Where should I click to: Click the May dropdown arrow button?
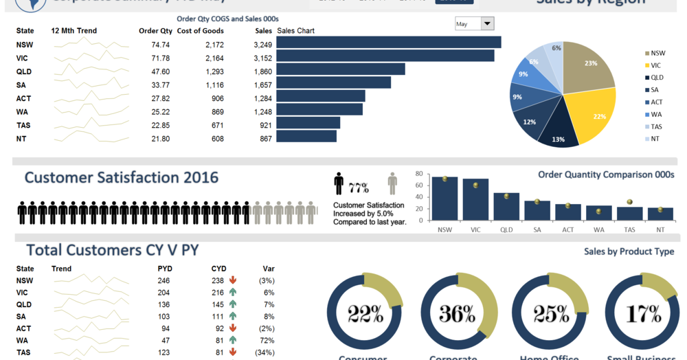pyautogui.click(x=487, y=24)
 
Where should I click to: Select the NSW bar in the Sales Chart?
pyautogui.click(x=388, y=43)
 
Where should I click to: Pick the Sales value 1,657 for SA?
pyautogui.click(x=262, y=85)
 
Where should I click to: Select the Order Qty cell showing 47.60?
pyautogui.click(x=160, y=71)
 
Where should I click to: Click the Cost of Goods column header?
pyautogui.click(x=200, y=31)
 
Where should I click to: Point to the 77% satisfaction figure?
pyautogui.click(x=359, y=188)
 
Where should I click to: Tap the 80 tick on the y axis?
pyautogui.click(x=418, y=174)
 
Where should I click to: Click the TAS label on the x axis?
pyautogui.click(x=630, y=230)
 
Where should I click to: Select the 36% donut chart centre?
pyautogui.click(x=458, y=314)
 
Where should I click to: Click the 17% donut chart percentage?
pyautogui.click(x=644, y=314)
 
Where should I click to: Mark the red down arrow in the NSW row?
pyautogui.click(x=233, y=280)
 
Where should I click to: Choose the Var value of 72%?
pyautogui.click(x=267, y=340)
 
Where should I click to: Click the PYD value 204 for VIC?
pyautogui.click(x=164, y=293)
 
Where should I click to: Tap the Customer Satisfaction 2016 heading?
pyautogui.click(x=122, y=178)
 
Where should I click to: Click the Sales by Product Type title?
pyautogui.click(x=629, y=252)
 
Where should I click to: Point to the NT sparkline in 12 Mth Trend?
pyautogui.click(x=91, y=139)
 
